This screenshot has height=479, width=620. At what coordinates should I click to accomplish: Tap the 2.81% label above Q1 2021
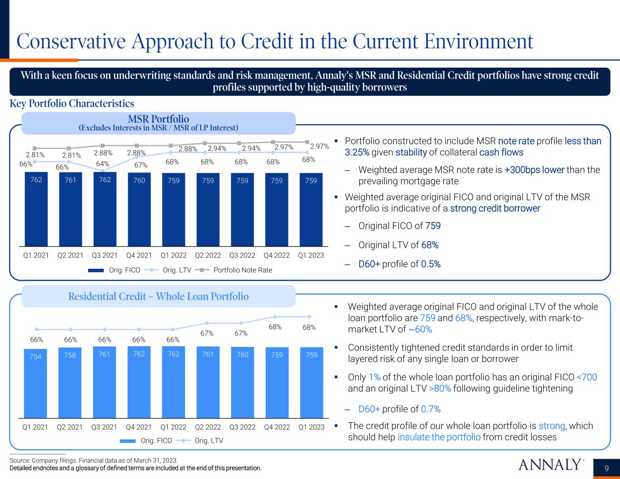click(x=35, y=154)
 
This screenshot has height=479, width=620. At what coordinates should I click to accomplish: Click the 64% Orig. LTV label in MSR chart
click(x=103, y=163)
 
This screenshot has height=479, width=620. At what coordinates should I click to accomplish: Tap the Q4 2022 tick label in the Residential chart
click(x=277, y=427)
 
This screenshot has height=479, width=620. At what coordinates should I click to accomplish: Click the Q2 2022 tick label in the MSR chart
click(x=208, y=255)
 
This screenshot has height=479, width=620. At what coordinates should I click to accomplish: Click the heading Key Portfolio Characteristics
click(x=72, y=104)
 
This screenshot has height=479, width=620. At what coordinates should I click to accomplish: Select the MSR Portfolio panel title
click(x=158, y=119)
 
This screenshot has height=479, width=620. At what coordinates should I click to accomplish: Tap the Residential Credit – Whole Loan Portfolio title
click(x=159, y=296)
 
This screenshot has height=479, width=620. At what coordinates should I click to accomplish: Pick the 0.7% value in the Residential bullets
click(x=431, y=409)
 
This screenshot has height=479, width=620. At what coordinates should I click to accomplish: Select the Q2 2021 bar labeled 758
click(x=70, y=382)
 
